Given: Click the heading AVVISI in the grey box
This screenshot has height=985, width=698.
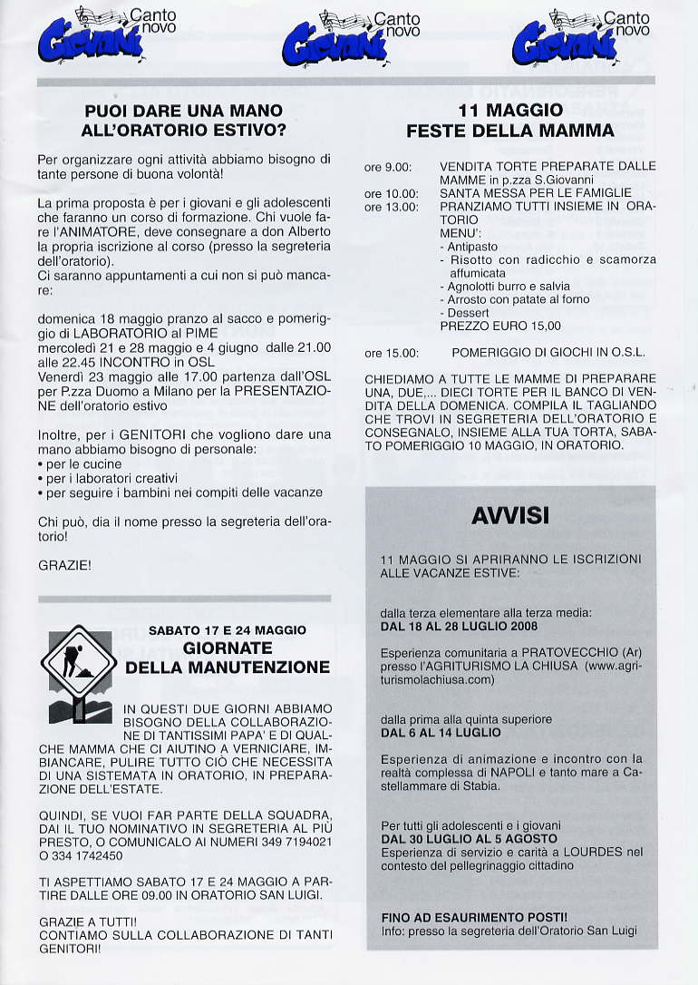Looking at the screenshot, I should click(510, 516).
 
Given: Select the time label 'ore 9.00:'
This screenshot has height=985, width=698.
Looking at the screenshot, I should click(388, 167).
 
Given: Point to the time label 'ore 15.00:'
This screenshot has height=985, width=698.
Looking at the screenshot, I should click(391, 353).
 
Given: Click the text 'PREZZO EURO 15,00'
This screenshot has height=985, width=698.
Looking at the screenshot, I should click(499, 326).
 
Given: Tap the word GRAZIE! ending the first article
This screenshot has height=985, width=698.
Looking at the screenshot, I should click(64, 565).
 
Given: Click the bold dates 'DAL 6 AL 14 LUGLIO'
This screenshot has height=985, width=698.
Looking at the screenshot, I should click(441, 732).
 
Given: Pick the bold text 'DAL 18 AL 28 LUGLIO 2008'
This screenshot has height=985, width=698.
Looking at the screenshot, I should click(459, 626).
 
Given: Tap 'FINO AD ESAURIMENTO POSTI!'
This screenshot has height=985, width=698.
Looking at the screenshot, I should click(474, 917).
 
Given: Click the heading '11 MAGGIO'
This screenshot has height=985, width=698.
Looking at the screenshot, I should click(510, 110).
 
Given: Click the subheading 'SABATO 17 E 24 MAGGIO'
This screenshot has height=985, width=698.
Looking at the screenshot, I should click(227, 629).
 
